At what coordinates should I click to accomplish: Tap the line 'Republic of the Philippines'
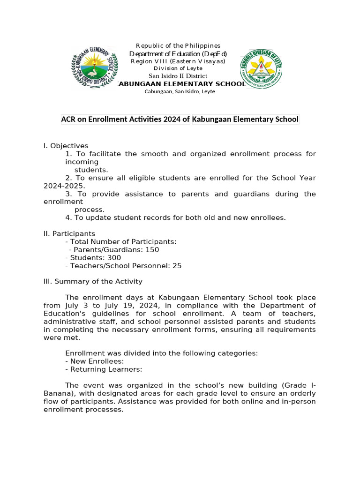point(178,45)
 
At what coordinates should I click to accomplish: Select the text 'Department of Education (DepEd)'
point(178,54)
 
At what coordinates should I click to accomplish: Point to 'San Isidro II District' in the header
point(178,76)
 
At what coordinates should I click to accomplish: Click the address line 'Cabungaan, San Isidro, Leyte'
point(180,91)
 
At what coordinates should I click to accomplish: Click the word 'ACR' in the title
point(68,119)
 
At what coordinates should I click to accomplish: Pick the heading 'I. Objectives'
point(66,146)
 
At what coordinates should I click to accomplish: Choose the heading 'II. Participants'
point(69,233)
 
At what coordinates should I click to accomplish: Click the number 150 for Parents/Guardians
point(152,249)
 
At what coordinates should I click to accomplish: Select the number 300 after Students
point(114,257)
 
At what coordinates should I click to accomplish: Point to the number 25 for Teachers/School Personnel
point(177,265)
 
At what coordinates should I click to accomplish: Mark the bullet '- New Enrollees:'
point(94,361)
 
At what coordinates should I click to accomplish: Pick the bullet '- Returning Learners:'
point(103,369)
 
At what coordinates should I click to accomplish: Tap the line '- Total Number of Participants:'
point(120,241)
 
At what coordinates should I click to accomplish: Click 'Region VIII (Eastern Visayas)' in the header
point(178,61)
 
